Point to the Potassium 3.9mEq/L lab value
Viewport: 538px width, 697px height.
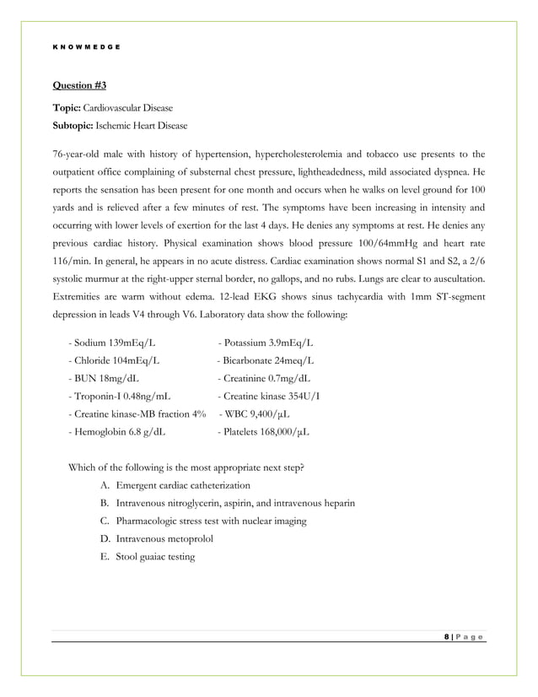tap(266, 343)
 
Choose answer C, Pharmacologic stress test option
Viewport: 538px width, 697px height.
tap(211, 521)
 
